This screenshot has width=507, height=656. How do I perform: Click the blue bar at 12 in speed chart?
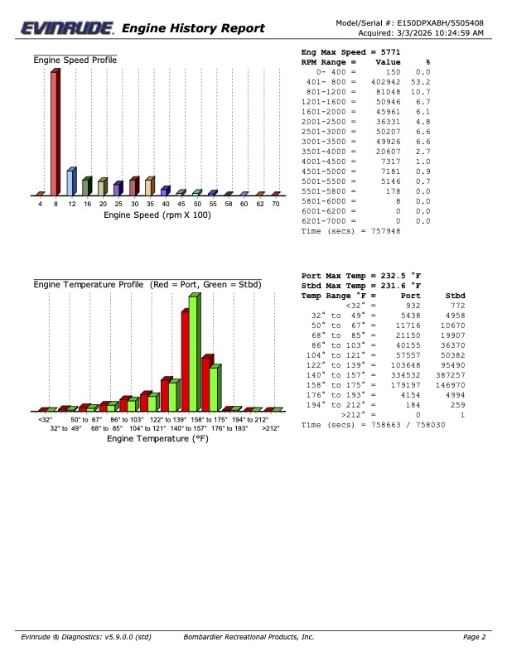(71, 181)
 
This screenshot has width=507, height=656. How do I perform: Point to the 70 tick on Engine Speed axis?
(276, 203)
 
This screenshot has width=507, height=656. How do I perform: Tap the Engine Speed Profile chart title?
(75, 60)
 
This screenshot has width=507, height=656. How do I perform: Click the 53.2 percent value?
(422, 82)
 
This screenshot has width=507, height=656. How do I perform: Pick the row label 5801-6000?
(326, 201)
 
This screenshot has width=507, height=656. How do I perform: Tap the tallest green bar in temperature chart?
(194, 352)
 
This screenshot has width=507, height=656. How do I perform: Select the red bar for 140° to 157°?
(186, 360)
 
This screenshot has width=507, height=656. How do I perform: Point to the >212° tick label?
(271, 428)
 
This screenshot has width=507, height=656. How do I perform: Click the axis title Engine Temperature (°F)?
(157, 439)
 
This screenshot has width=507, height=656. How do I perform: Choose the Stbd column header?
(455, 295)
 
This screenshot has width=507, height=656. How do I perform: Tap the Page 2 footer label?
(474, 637)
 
